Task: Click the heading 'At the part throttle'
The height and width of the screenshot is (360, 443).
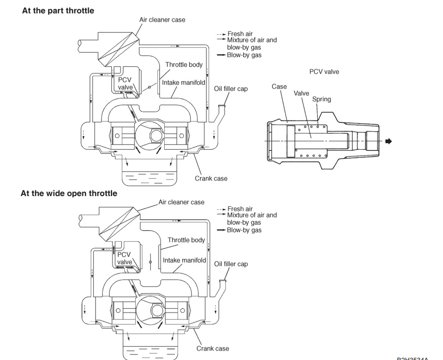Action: (x=58, y=11)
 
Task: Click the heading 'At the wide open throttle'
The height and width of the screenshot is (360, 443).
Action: (x=69, y=193)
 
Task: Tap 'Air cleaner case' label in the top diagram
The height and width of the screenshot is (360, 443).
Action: (x=162, y=20)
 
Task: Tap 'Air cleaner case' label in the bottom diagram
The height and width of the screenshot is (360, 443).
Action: (x=181, y=202)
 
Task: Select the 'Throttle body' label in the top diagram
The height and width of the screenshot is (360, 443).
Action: (x=184, y=65)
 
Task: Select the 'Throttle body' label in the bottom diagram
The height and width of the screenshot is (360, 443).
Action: (x=186, y=240)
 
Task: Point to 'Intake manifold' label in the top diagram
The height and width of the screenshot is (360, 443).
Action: (x=184, y=83)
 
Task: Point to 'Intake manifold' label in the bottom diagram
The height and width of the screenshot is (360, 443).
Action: (x=184, y=260)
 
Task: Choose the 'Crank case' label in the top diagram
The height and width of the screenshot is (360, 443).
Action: (x=211, y=178)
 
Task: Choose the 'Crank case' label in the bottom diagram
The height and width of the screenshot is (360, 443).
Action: (x=212, y=348)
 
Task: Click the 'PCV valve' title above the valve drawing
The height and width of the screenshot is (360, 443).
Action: (x=324, y=72)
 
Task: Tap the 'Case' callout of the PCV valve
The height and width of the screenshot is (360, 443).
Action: (x=279, y=86)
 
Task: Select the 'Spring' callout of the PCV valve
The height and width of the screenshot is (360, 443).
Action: (x=321, y=99)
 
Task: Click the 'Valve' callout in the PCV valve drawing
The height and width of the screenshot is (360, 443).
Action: (x=301, y=93)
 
